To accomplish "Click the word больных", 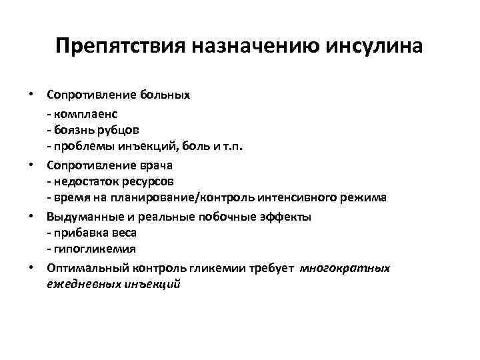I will pos(165,95).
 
